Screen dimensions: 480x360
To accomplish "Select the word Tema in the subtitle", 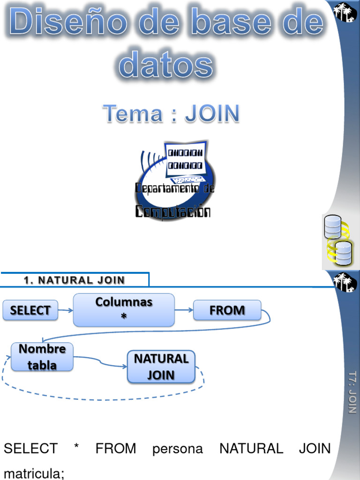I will tap(133, 113).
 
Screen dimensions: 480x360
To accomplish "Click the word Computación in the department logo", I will tap(172, 212).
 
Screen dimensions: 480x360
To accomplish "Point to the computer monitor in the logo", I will tap(186, 159).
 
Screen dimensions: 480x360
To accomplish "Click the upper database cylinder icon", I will tap(333, 226).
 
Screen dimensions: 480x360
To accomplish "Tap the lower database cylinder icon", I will tap(343, 253).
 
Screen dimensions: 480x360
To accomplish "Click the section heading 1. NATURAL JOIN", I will tap(75, 280).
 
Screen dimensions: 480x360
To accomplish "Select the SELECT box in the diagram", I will tap(30, 310).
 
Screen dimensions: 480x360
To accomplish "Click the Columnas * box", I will tap(124, 309).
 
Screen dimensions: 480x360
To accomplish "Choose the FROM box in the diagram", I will tap(227, 310).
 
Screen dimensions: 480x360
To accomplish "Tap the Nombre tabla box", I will tap(42, 357).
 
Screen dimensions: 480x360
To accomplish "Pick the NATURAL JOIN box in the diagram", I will tap(161, 367).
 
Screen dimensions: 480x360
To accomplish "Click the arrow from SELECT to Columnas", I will tap(66, 310).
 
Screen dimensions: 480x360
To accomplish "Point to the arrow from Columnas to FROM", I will tap(184, 310).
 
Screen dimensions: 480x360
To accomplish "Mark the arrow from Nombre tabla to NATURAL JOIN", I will tap(100, 360).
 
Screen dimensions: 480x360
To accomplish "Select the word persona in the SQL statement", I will tap(178, 449).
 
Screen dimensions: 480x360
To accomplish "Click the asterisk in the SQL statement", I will tap(76, 448).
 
